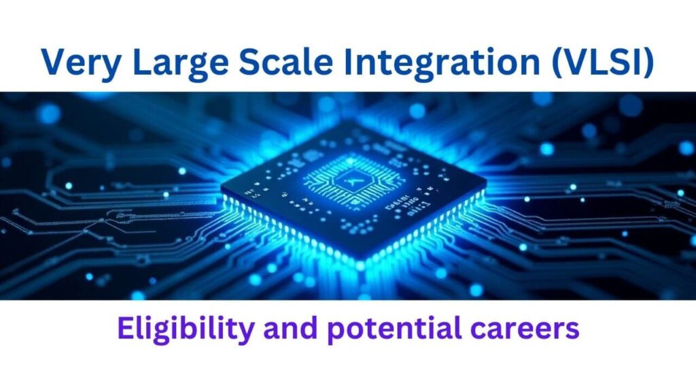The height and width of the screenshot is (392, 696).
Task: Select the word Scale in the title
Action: (286, 61)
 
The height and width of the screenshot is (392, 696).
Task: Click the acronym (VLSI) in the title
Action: (603, 62)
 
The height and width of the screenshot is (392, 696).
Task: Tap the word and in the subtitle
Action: (290, 328)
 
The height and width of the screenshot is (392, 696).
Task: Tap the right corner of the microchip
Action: (487, 182)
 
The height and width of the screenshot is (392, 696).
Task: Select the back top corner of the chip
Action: (351, 121)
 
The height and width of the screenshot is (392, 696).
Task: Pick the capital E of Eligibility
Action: (126, 328)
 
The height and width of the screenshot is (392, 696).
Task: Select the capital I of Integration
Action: (349, 61)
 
